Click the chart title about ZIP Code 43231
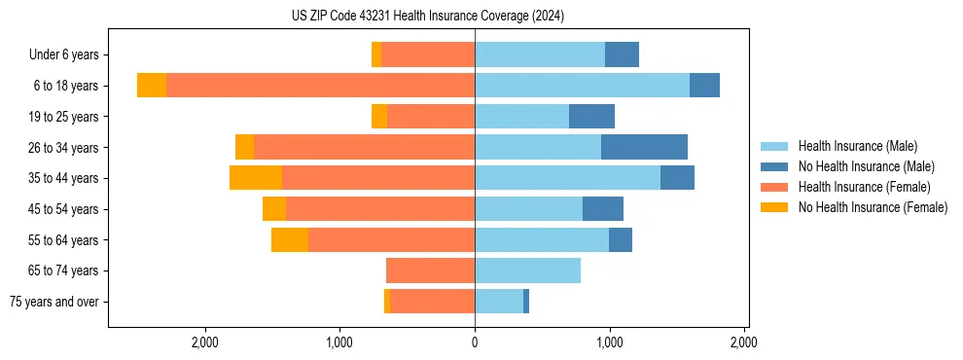coord(427,17)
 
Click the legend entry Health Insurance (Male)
coord(857,146)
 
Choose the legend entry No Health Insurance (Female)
coord(873,207)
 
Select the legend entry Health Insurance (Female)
coord(864,187)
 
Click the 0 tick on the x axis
coord(475,342)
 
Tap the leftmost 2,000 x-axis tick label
coord(204,342)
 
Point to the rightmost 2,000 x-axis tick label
coord(744,342)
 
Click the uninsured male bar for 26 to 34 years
coord(644,147)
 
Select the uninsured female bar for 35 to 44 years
coord(256,178)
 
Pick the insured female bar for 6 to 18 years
coord(320,86)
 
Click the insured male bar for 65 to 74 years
coord(527,270)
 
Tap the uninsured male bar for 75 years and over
coord(526,302)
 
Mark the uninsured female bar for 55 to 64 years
coord(290,239)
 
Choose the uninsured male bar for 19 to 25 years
coord(591,117)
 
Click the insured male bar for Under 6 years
coord(540,55)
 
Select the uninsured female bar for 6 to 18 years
coord(152,86)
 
